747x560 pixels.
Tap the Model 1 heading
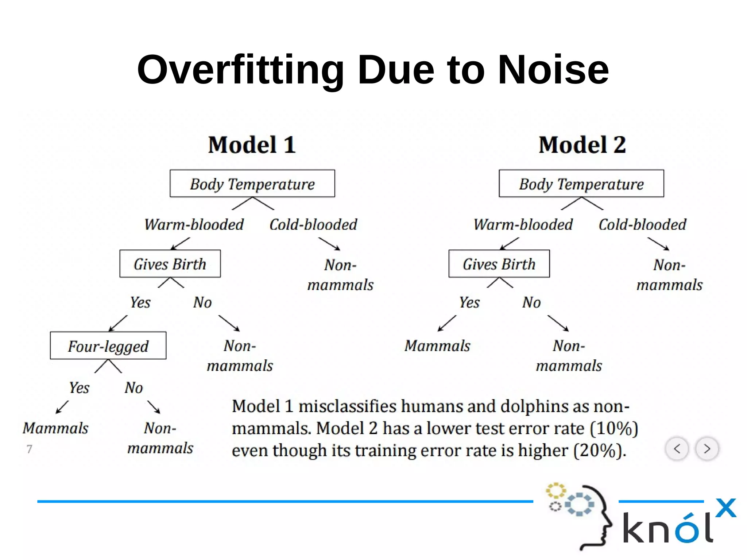(252, 145)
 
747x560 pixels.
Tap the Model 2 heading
(582, 145)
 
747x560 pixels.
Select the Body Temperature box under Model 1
(252, 184)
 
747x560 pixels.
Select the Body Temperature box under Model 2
(581, 184)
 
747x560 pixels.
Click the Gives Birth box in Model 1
(170, 264)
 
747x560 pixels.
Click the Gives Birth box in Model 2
(499, 264)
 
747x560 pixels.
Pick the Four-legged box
(108, 345)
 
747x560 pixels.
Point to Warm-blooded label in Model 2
(523, 224)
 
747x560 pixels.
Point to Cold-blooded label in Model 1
(313, 224)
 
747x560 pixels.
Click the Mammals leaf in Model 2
(437, 345)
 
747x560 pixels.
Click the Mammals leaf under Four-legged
(55, 428)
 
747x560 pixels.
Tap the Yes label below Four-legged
(79, 388)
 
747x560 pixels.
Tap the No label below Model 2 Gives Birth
(531, 302)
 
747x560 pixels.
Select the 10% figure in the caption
(614, 428)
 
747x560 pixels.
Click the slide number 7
(30, 449)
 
